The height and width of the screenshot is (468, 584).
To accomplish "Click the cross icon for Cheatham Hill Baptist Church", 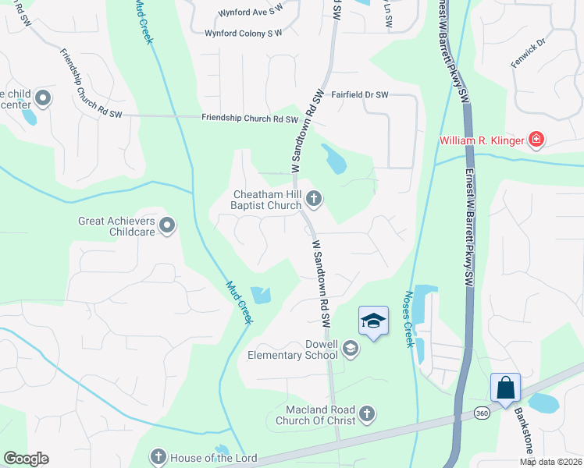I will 314,199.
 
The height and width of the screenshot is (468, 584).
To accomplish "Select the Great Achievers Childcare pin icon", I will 167,226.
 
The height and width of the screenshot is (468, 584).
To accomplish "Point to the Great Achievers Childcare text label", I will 116,226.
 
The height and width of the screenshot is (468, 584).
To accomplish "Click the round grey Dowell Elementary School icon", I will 351,349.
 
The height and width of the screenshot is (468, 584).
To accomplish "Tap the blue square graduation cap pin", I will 374,321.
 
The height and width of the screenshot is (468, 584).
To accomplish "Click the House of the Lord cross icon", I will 158,456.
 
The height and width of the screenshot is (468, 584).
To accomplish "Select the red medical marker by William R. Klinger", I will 536,140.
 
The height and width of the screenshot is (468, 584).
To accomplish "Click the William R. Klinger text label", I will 481,141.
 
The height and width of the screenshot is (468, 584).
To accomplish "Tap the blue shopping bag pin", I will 505,387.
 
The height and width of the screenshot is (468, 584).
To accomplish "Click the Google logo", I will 26,459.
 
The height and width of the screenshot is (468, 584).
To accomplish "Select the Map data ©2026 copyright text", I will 550,462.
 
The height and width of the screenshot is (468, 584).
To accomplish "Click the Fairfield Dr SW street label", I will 360,94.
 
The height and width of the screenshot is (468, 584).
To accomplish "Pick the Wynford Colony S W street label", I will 243,34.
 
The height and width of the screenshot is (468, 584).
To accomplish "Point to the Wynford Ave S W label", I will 248,12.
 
